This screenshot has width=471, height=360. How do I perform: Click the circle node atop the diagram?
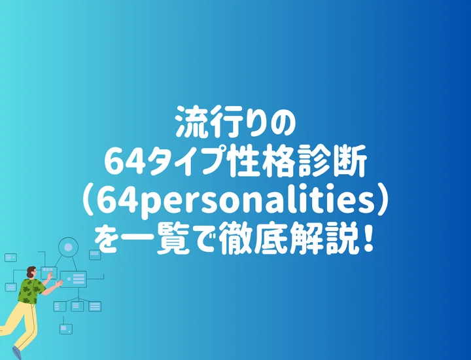click(x=67, y=247)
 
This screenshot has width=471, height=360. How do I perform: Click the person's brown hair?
click(x=30, y=271)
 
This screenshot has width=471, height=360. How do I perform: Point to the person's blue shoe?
click(x=17, y=354)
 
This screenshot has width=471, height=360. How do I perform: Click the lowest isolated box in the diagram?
click(x=65, y=329)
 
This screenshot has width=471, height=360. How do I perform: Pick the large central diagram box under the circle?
click(x=74, y=279)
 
